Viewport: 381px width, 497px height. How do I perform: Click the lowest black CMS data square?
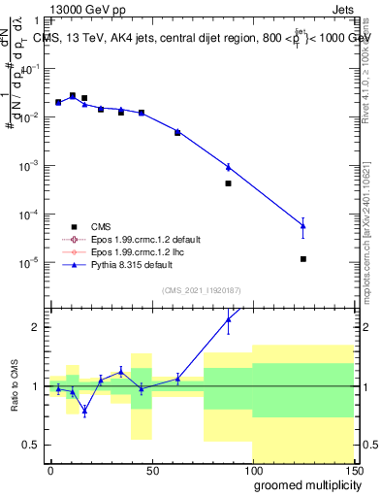(x=303, y=259)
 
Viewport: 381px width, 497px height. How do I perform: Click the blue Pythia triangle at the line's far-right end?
(x=303, y=225)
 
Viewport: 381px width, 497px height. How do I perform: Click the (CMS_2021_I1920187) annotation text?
(x=201, y=289)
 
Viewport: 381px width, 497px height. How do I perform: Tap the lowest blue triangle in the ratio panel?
(x=84, y=411)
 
